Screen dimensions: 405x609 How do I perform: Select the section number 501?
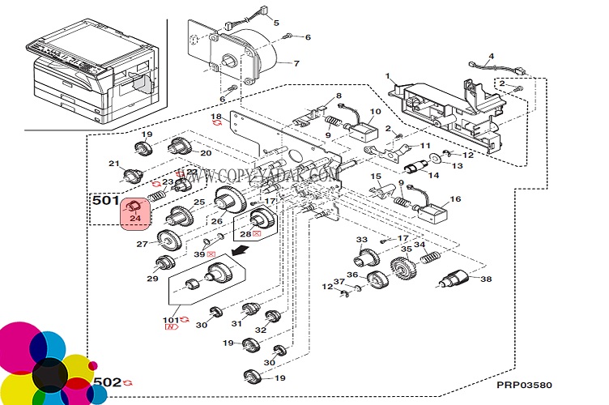point(105,199)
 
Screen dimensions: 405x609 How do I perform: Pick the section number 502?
point(107,382)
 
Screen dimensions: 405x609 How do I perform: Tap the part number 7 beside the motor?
point(296,63)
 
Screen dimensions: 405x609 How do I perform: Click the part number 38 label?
point(486,279)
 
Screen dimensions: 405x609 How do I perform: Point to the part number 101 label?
point(172,319)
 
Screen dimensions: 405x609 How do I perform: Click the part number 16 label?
point(456,198)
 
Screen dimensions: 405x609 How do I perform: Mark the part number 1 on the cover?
point(388,75)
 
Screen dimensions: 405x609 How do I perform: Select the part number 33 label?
point(362,240)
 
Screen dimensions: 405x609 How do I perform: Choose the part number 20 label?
point(206,153)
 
